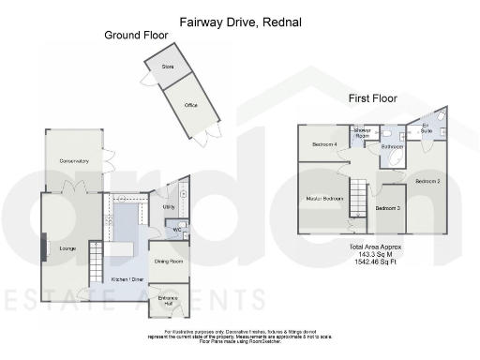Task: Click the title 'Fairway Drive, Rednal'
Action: coord(240,19)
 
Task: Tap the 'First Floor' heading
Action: coord(372,97)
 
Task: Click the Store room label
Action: coord(169,67)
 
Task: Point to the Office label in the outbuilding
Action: coord(190,105)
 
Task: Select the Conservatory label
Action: coord(73,161)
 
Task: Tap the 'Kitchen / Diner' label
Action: coord(127,278)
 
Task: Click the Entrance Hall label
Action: coord(170,302)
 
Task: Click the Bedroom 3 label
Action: coord(387,207)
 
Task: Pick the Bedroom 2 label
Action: coord(427,180)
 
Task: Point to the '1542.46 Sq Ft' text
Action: coord(376,262)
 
